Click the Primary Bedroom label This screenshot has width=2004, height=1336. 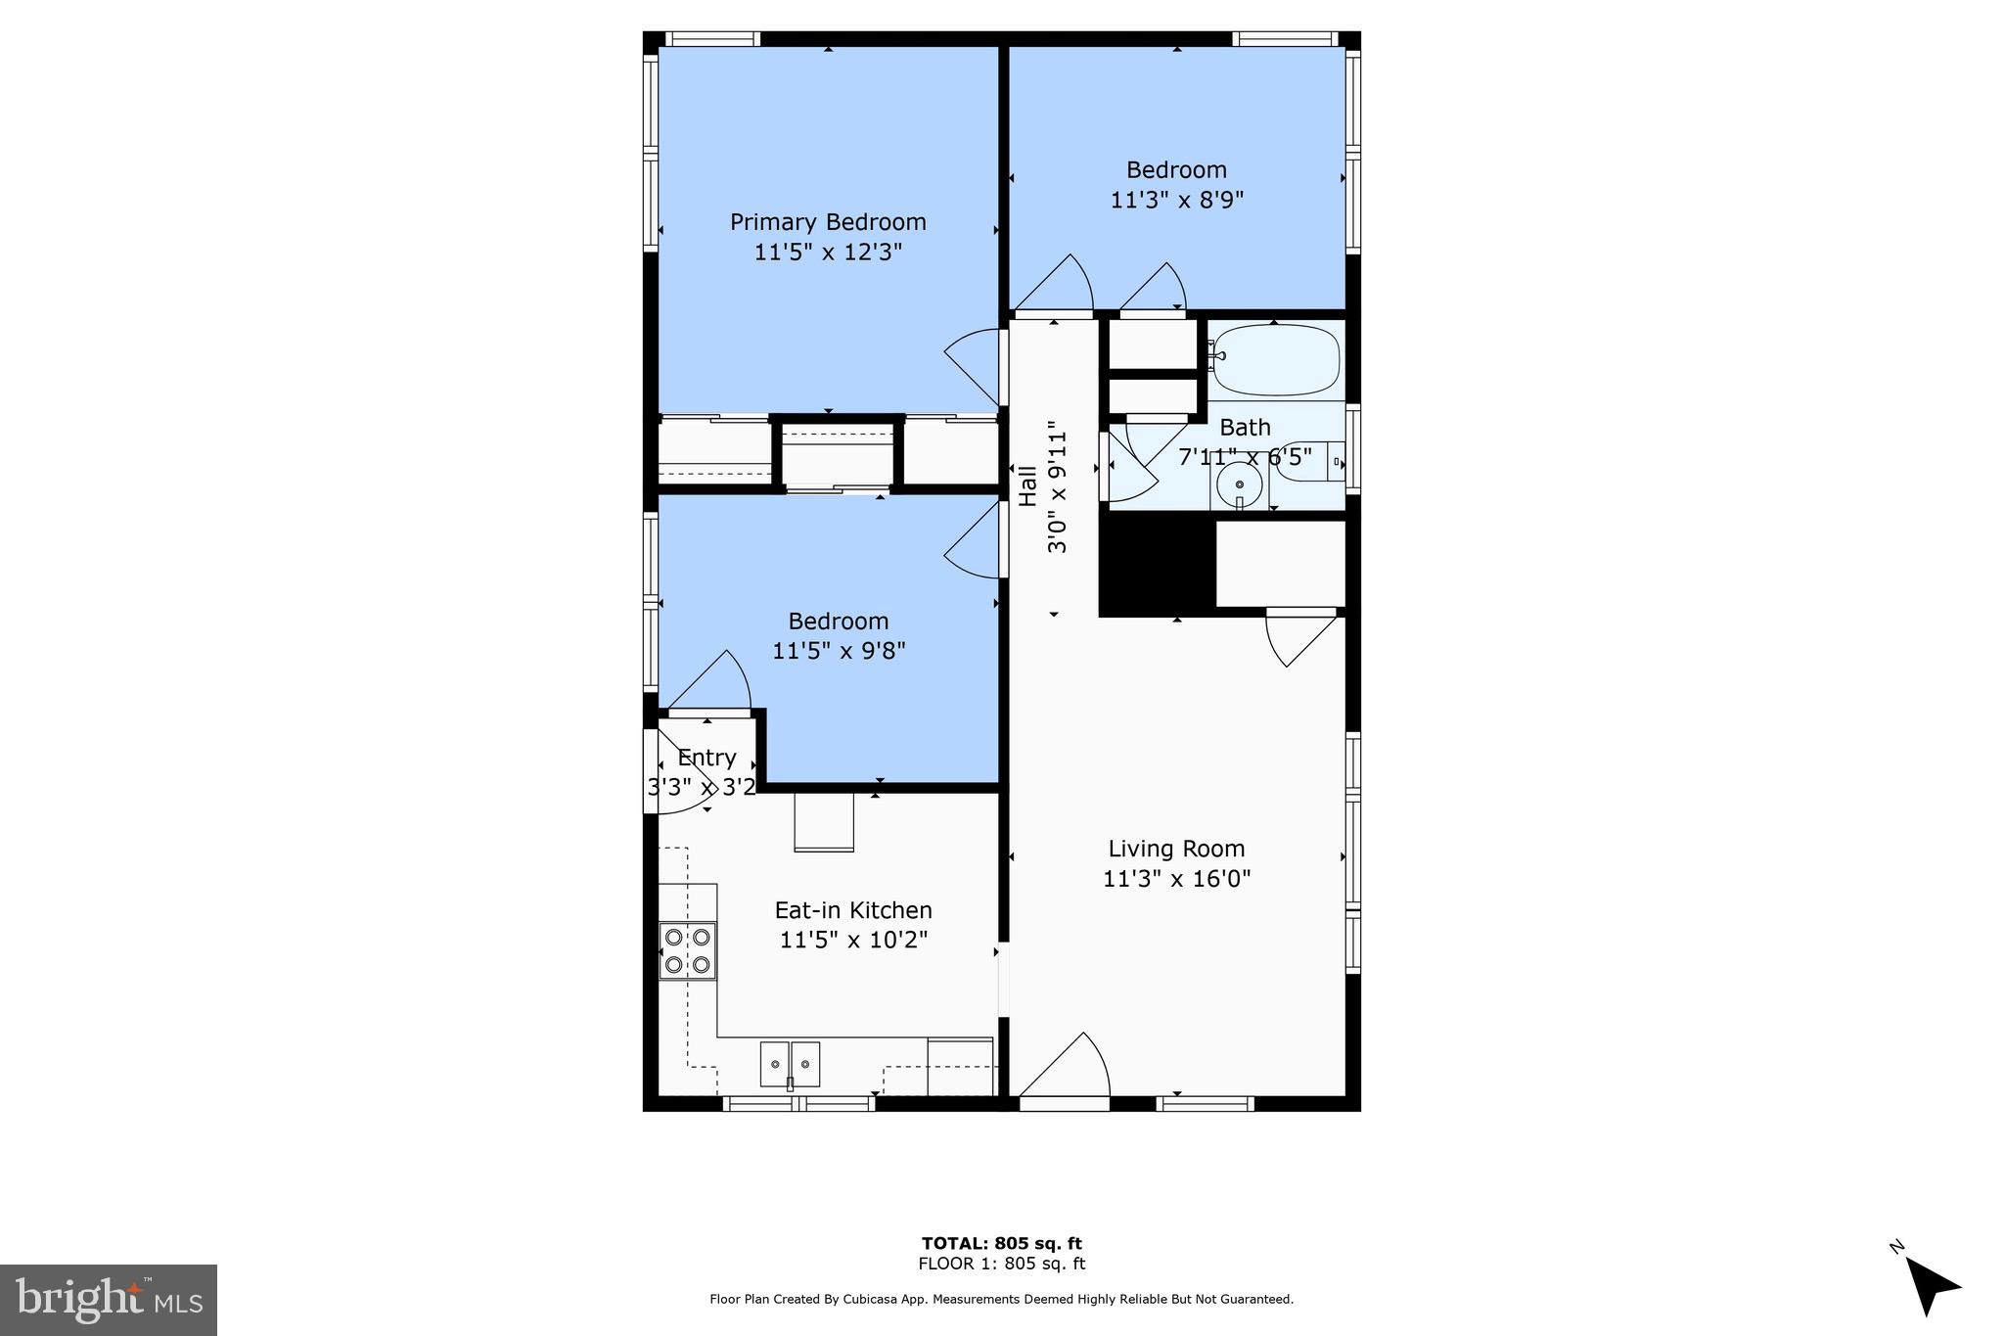point(828,222)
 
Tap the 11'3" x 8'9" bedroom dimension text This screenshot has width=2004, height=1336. point(1177,200)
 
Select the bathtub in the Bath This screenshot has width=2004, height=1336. point(1274,360)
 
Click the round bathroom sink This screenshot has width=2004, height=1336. point(1240,484)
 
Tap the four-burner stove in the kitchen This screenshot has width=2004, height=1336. point(687,950)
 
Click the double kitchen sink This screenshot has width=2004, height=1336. point(790,1065)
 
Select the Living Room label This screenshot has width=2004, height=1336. point(1176,849)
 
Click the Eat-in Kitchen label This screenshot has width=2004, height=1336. point(853,910)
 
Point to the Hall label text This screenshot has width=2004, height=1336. point(1027,486)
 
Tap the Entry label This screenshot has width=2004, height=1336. point(706,758)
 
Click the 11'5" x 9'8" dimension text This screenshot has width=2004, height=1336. point(839,651)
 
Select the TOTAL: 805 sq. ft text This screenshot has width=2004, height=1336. point(1001,1243)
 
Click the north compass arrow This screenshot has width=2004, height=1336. point(1931,1285)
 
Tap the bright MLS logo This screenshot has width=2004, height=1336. point(109,1300)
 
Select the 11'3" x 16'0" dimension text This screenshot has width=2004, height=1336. point(1177,879)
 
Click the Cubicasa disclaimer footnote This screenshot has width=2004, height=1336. point(1001,1299)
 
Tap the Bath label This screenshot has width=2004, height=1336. point(1245,428)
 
